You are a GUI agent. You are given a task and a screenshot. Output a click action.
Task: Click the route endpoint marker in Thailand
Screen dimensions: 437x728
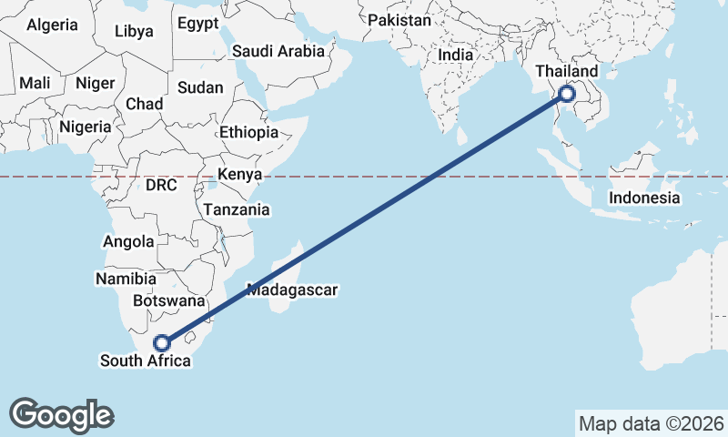567,93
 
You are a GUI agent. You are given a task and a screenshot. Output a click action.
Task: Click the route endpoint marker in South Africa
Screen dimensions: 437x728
162,343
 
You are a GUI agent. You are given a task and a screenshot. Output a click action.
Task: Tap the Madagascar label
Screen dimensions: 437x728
292,290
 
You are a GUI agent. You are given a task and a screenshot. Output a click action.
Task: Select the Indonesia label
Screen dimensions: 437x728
644,198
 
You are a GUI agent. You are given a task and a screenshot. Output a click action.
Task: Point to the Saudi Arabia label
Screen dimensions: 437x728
278,51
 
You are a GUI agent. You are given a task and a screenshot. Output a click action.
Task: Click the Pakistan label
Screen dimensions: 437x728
399,19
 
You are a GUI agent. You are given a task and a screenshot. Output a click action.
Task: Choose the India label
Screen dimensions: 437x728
455,55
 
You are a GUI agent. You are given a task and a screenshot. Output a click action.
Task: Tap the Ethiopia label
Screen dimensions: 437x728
248,132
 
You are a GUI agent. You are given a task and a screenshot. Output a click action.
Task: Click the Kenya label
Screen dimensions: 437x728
239,174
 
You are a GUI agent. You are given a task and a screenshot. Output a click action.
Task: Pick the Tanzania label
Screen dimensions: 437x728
237,209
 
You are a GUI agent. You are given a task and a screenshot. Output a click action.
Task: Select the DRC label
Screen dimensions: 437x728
160,185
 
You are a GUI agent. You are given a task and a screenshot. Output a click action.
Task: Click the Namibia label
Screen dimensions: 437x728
126,278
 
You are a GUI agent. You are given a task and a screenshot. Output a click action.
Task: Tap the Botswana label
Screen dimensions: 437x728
168,300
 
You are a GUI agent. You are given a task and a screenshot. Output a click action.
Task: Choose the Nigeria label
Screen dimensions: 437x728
85,127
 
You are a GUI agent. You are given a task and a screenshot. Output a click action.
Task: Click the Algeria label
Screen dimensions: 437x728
52,25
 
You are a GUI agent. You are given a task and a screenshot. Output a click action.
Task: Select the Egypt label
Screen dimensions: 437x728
198,23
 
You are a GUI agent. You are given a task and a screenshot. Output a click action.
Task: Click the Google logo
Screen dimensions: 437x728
62,414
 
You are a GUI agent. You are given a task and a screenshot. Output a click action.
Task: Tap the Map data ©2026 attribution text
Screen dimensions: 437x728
651,423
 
